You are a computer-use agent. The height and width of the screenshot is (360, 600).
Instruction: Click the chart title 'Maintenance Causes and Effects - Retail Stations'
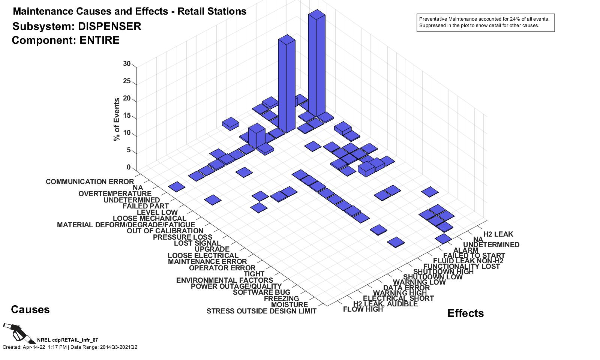tap(129, 11)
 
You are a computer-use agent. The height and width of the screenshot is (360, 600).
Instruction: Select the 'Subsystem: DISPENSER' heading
tap(77, 26)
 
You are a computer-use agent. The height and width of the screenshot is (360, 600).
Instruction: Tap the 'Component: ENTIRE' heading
tap(66, 40)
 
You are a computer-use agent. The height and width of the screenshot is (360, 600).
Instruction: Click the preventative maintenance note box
tap(485, 22)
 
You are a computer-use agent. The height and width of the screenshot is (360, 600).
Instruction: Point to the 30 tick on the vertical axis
tap(127, 64)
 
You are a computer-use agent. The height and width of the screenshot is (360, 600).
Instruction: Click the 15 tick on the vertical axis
tap(127, 116)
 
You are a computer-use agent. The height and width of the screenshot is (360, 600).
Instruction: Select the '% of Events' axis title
tap(117, 119)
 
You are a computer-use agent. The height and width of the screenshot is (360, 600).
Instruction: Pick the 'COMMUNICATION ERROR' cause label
tap(90, 182)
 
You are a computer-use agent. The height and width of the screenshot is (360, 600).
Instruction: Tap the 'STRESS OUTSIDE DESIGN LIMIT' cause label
tap(261, 311)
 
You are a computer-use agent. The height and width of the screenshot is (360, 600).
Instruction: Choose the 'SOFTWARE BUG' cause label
tap(261, 292)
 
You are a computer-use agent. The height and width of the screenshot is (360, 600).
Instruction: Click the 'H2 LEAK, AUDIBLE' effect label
tap(385, 304)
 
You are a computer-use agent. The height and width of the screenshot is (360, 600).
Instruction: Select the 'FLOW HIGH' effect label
tap(363, 309)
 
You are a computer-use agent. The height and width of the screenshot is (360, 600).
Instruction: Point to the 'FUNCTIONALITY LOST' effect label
tap(461, 266)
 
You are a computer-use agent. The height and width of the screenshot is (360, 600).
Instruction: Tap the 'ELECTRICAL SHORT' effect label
tap(398, 298)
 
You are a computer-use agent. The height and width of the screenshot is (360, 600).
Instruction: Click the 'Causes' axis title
tap(30, 310)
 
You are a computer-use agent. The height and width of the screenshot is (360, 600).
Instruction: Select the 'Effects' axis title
tap(465, 313)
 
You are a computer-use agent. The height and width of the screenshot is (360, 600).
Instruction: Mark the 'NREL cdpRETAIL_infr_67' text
tap(67, 340)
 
